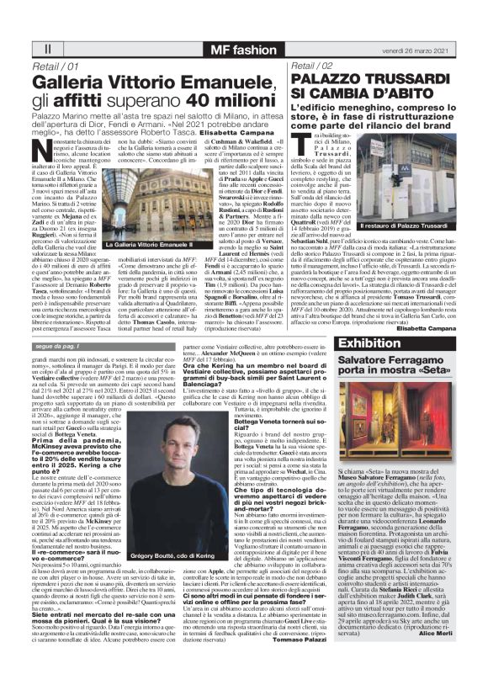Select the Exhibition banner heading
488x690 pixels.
click(369, 343)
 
